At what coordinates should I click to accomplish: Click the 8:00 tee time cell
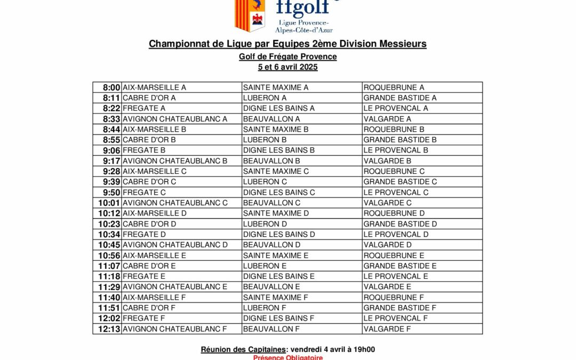click(111, 87)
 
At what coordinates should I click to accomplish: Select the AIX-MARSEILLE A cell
click(155, 87)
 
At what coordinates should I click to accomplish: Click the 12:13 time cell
click(109, 329)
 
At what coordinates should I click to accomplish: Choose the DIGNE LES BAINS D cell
click(279, 234)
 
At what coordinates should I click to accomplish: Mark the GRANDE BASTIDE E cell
click(400, 266)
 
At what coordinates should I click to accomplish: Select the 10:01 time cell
click(109, 203)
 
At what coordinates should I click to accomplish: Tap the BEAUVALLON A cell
click(271, 119)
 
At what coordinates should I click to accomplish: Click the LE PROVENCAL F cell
click(396, 318)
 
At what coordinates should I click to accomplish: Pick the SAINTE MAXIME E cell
click(276, 255)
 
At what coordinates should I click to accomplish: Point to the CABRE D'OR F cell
click(149, 308)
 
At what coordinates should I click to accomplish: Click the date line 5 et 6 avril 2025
click(287, 67)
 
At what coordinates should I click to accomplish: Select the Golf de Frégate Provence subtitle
click(287, 57)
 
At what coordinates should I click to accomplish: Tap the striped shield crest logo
click(250, 15)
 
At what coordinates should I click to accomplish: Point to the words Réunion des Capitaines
click(242, 349)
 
